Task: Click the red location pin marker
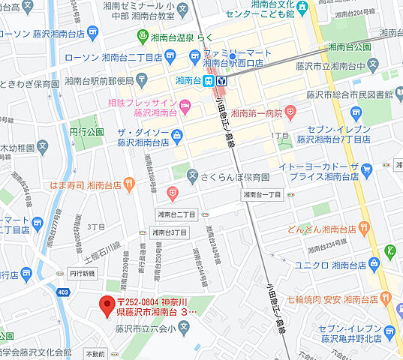pos(107,304)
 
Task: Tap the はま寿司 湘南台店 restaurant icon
pos(129,181)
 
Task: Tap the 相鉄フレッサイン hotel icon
pos(185,104)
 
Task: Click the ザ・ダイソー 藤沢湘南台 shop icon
pos(177,136)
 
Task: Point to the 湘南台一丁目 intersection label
pos(262,195)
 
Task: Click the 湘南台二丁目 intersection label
pos(176,214)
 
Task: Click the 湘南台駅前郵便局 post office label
pos(99,80)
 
